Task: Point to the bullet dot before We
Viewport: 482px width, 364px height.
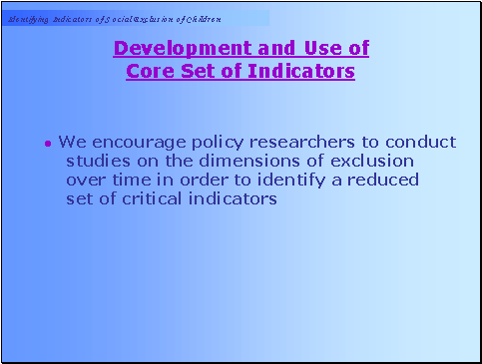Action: point(48,144)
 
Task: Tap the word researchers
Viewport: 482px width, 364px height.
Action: point(290,142)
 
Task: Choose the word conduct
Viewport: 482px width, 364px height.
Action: point(420,142)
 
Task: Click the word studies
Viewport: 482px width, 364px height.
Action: point(98,161)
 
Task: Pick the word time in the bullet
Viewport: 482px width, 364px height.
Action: point(128,180)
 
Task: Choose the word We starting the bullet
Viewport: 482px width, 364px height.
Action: point(71,142)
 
